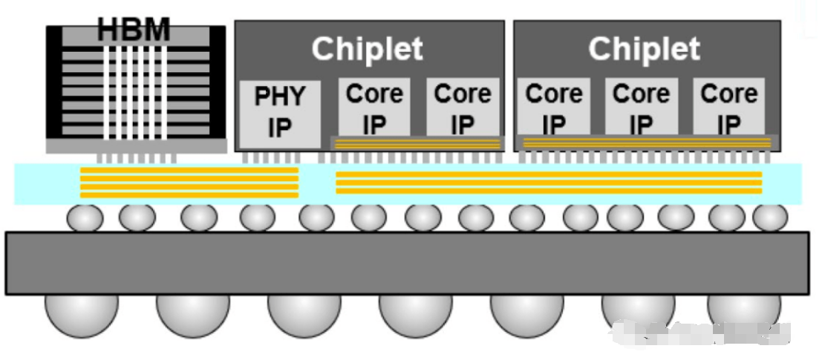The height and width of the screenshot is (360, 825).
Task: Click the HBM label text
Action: (134, 30)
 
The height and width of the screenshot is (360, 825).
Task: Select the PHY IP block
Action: (280, 112)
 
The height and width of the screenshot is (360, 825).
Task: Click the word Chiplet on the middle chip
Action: (368, 49)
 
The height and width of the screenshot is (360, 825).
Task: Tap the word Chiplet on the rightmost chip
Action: (644, 49)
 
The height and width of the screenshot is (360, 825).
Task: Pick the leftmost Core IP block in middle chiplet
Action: (374, 107)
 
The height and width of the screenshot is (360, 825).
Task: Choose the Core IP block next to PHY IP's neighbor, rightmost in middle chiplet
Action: (462, 107)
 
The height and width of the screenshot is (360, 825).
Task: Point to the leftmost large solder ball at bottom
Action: (81, 312)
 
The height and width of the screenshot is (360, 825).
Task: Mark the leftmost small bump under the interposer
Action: (85, 217)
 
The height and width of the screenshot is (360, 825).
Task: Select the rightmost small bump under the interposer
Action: (770, 217)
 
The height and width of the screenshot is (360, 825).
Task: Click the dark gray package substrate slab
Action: (407, 263)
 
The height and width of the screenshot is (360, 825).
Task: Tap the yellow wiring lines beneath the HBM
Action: (189, 183)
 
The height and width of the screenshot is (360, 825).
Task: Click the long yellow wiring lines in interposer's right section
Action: (549, 183)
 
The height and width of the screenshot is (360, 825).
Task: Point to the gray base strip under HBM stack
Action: (136, 146)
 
